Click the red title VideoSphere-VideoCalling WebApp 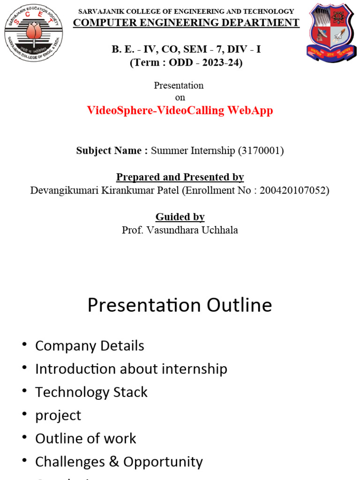tap(180, 111)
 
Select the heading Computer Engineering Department tap(186, 22)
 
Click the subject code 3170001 tap(261, 150)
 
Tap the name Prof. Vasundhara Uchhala tap(180, 230)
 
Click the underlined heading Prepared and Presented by tap(180, 177)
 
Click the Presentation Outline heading tap(180, 306)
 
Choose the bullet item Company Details tap(90, 346)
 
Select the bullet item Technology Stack tap(91, 392)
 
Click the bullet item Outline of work tap(86, 439)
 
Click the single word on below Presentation tap(180, 97)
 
